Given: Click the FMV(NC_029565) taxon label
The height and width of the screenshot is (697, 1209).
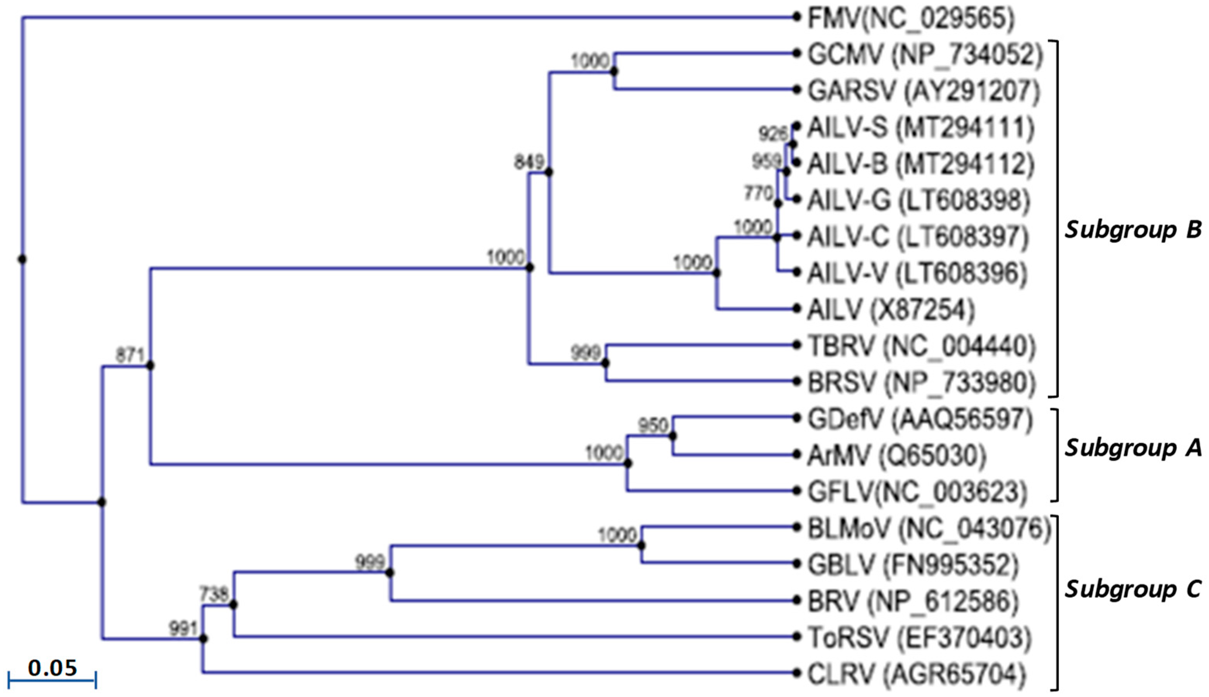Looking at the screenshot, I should pos(911,19).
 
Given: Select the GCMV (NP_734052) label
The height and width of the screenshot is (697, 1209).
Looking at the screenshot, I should pos(924,55).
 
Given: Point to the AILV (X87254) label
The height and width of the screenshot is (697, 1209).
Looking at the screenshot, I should pos(891,310).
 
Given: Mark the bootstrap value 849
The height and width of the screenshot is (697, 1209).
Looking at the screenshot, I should pos(529,162).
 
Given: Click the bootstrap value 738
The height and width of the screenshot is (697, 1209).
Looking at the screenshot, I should pos(214,595).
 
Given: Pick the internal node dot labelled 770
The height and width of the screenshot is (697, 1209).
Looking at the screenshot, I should pos(778,204).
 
